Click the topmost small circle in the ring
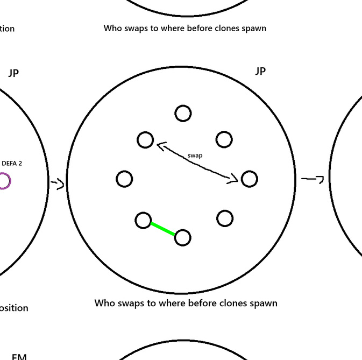[183, 114]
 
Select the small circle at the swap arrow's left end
[145, 140]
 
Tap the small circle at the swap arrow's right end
[249, 179]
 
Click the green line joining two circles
[162, 229]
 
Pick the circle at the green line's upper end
[143, 220]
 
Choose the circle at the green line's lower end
[182, 237]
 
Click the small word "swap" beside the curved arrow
[195, 155]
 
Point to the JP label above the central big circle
[260, 72]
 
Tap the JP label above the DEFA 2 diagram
[14, 73]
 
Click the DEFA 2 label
[12, 163]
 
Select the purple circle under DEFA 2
[3, 181]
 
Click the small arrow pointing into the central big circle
[58, 183]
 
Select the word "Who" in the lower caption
[105, 303]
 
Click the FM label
[19, 356]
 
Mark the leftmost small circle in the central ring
[124, 179]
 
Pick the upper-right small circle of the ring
[224, 139]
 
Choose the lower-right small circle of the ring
[224, 218]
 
